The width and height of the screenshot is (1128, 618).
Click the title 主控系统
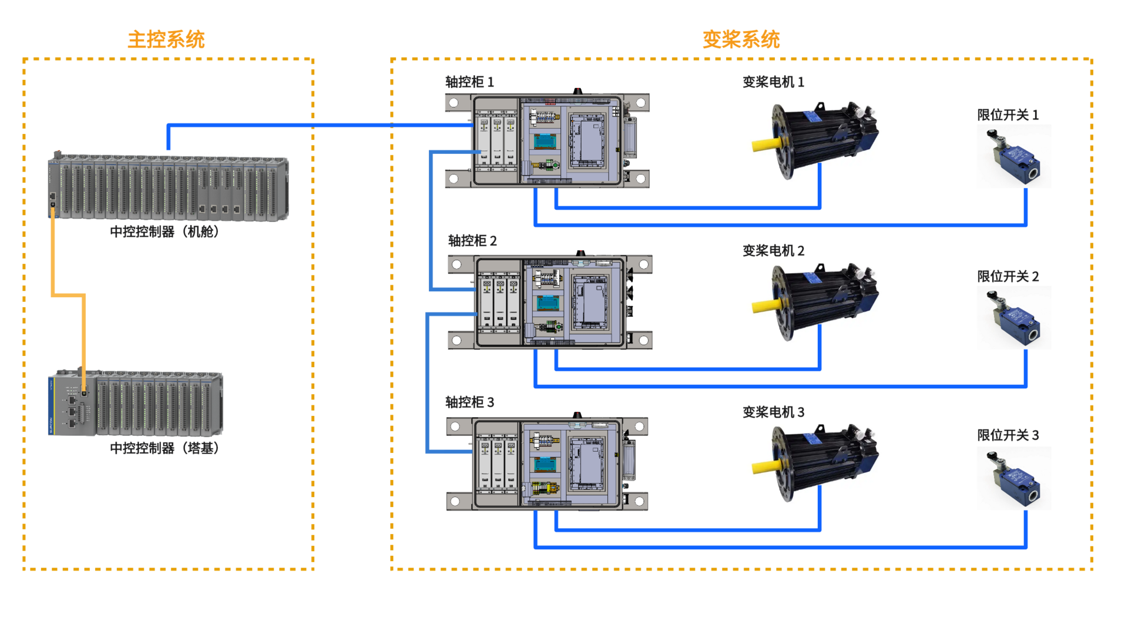166,39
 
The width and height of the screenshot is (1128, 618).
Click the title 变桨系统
741,39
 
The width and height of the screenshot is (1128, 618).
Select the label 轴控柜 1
469,82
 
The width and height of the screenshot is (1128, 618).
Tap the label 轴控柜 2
472,240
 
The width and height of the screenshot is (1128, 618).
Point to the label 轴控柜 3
469,402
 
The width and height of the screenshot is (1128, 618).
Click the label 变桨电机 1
773,82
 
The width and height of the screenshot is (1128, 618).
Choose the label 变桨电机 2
773,250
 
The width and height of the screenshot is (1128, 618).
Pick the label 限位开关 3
1008,435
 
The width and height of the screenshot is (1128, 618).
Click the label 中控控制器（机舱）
164,231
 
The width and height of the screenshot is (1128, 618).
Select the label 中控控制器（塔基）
164,448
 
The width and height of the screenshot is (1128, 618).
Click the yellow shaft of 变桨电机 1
766,144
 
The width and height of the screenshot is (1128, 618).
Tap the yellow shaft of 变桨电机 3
766,467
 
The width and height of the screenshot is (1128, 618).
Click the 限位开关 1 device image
1014,157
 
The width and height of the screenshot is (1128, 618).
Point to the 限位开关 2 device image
1014,318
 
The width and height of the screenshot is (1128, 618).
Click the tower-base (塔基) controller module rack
136,403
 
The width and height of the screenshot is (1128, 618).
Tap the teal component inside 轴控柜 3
545,464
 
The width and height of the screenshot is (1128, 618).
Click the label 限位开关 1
1008,115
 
